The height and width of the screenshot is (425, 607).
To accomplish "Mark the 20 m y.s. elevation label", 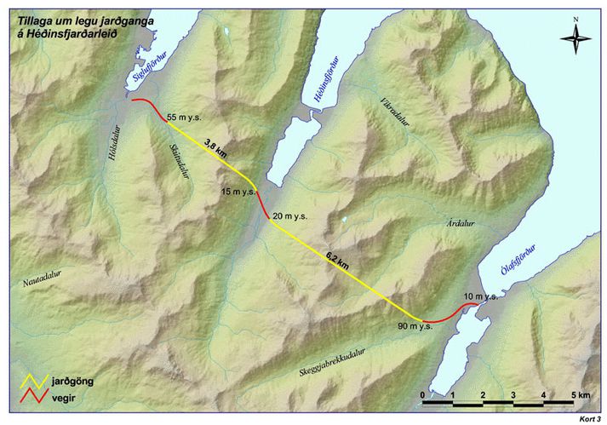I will pyautogui.click(x=289, y=218).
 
